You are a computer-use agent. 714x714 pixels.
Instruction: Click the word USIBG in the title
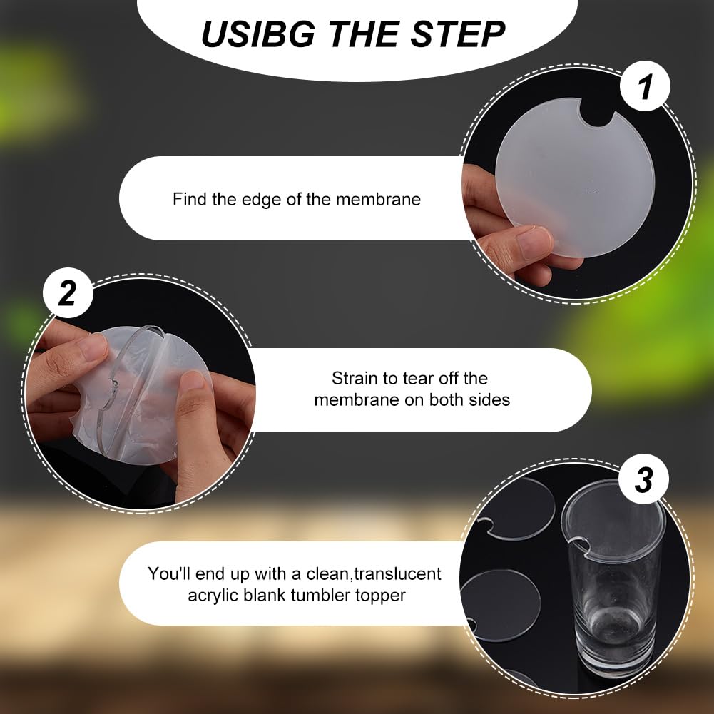pyautogui.click(x=258, y=34)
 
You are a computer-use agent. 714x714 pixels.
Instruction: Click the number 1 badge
pyautogui.click(x=645, y=86)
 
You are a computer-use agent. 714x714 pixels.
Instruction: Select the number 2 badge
pyautogui.click(x=68, y=292)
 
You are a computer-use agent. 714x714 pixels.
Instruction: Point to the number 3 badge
pyautogui.click(x=643, y=479)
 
